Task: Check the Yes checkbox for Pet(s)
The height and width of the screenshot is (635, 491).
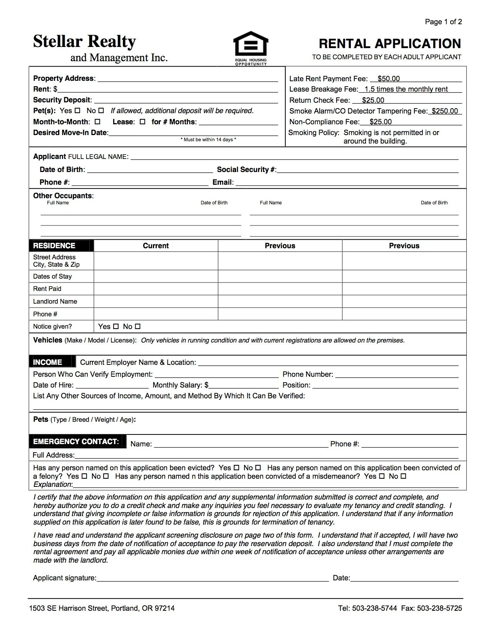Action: [77, 111]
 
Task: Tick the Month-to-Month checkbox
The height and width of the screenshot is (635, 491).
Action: [97, 122]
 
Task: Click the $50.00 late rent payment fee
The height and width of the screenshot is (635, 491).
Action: [389, 79]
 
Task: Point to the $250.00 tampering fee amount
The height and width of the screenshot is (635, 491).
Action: [445, 111]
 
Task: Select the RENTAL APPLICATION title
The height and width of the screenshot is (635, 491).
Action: [390, 43]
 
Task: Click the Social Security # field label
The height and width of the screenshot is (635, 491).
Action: [246, 170]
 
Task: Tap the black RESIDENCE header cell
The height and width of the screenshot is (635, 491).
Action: [61, 246]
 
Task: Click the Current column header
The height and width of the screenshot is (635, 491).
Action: [156, 246]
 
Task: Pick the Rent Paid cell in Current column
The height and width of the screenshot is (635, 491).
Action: [156, 289]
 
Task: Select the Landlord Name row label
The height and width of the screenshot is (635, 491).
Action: [55, 302]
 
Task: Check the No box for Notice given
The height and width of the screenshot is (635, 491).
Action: [138, 327]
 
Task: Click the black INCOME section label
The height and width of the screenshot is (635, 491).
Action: [50, 362]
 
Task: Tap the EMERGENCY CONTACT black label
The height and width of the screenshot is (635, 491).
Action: [77, 442]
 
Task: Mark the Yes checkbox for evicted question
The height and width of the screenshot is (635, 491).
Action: [236, 468]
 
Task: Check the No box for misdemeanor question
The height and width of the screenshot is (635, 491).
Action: [403, 476]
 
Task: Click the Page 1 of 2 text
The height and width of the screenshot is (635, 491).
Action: [443, 22]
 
